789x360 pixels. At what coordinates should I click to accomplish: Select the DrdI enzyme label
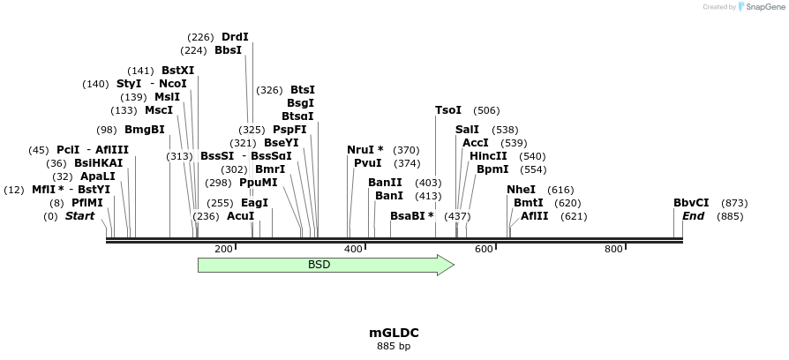235,37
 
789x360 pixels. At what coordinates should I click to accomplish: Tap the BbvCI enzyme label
691,202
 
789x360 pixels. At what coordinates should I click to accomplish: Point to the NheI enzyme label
521,190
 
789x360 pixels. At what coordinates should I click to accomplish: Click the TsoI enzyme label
448,110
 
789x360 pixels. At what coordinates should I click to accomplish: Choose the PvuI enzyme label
367,163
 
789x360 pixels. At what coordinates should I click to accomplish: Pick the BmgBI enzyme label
145,130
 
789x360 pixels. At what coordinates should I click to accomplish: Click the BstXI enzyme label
178,71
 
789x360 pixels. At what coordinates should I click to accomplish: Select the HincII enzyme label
488,156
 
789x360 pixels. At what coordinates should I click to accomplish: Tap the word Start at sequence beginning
79,216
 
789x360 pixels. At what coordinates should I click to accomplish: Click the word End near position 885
693,216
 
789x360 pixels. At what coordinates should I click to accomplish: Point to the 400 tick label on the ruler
353,250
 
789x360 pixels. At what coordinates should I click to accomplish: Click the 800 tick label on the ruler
613,250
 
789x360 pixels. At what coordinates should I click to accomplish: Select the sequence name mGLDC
394,333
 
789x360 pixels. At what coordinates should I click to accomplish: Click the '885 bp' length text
394,346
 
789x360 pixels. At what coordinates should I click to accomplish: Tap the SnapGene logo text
762,7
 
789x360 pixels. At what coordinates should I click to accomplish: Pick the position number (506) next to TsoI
486,110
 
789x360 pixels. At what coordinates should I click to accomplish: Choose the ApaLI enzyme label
98,176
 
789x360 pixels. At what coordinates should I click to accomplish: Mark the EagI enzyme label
254,202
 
